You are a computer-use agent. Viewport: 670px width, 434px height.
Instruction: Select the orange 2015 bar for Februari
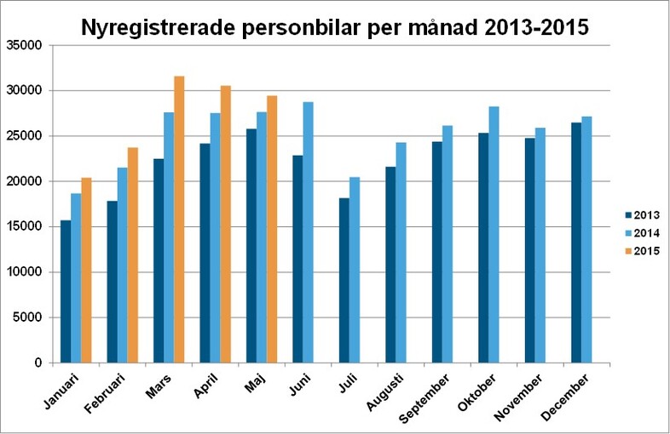tap(133, 255)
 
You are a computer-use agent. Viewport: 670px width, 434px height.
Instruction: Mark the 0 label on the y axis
tap(37, 363)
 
